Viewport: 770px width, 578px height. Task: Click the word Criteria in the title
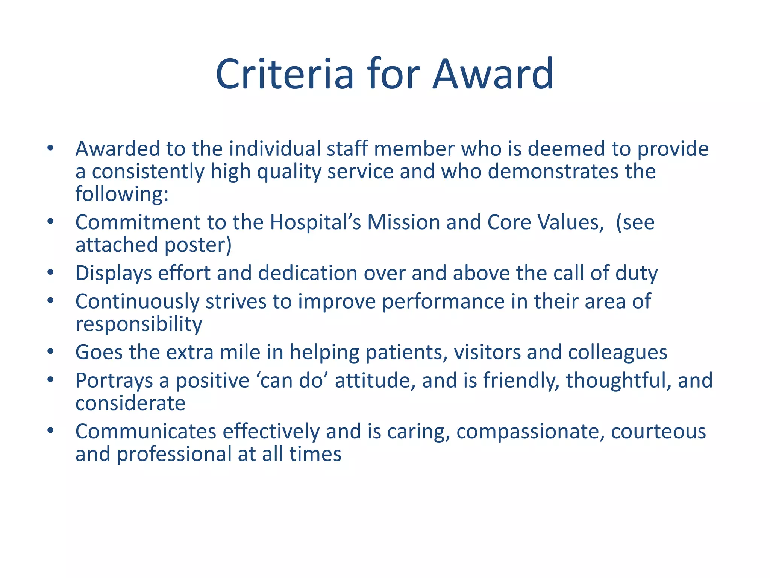[x=285, y=74]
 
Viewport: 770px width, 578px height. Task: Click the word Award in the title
[x=493, y=74]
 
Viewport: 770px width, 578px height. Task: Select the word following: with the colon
[x=122, y=194]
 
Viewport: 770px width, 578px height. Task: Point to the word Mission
[x=403, y=222]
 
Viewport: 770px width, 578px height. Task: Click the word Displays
[x=114, y=273]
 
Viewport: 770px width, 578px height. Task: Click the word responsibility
[x=139, y=324]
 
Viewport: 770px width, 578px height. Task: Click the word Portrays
[x=114, y=381]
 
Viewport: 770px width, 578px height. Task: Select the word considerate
[x=130, y=403]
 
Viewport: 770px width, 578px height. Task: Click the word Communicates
[x=146, y=432]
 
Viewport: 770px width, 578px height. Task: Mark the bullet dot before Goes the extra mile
[x=50, y=352]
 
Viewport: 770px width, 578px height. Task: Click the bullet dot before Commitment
[x=50, y=221]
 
